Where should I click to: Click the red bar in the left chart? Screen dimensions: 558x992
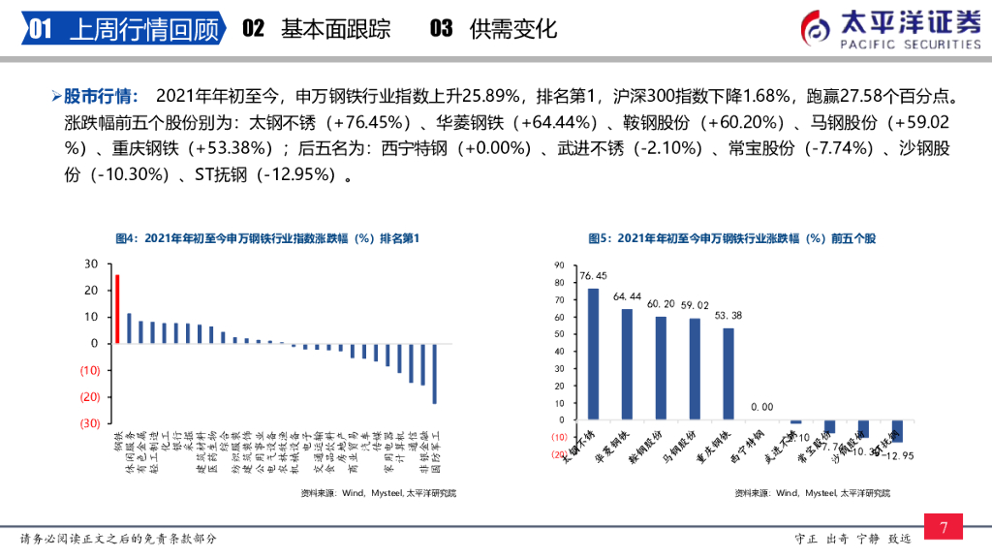click(117, 309)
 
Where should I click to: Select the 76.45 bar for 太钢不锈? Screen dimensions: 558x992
click(593, 355)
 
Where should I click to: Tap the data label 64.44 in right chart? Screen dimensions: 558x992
click(628, 296)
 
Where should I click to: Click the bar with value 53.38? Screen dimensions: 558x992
click(728, 374)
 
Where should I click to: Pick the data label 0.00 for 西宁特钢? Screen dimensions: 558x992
click(762, 407)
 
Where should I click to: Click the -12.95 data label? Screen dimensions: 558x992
click(903, 456)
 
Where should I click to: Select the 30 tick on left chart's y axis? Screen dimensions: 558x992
click(91, 263)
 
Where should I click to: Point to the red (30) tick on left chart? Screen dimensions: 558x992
click(89, 423)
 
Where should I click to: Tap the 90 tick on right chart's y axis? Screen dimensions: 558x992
click(559, 264)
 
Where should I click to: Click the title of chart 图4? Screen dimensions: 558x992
click(267, 237)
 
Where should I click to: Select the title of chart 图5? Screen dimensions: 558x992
click(745, 237)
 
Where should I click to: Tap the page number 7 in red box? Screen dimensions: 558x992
click(944, 527)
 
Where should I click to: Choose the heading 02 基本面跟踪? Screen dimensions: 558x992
click(316, 29)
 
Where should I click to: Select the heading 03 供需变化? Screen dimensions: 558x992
click(493, 29)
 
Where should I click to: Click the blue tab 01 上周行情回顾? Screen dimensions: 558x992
click(121, 29)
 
